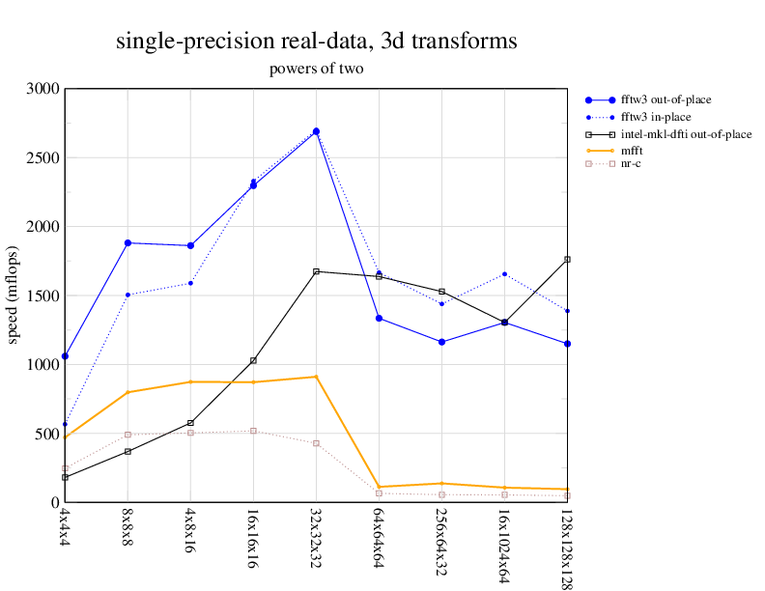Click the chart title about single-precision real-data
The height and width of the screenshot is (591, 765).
[x=317, y=42]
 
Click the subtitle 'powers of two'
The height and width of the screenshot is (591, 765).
[x=316, y=70]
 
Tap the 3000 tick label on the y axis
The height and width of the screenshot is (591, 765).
[x=42, y=89]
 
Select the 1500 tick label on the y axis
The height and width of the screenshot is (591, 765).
[x=42, y=295]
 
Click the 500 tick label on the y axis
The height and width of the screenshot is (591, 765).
[x=45, y=434]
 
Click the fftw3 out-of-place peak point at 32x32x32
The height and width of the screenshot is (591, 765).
[x=316, y=131]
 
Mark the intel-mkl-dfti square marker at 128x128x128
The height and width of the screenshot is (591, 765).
[x=567, y=260]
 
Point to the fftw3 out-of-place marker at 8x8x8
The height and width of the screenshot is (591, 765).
[x=127, y=242]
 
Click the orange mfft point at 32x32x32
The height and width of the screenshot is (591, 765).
[x=316, y=377]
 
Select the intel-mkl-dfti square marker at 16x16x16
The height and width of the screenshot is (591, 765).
[x=253, y=360]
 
